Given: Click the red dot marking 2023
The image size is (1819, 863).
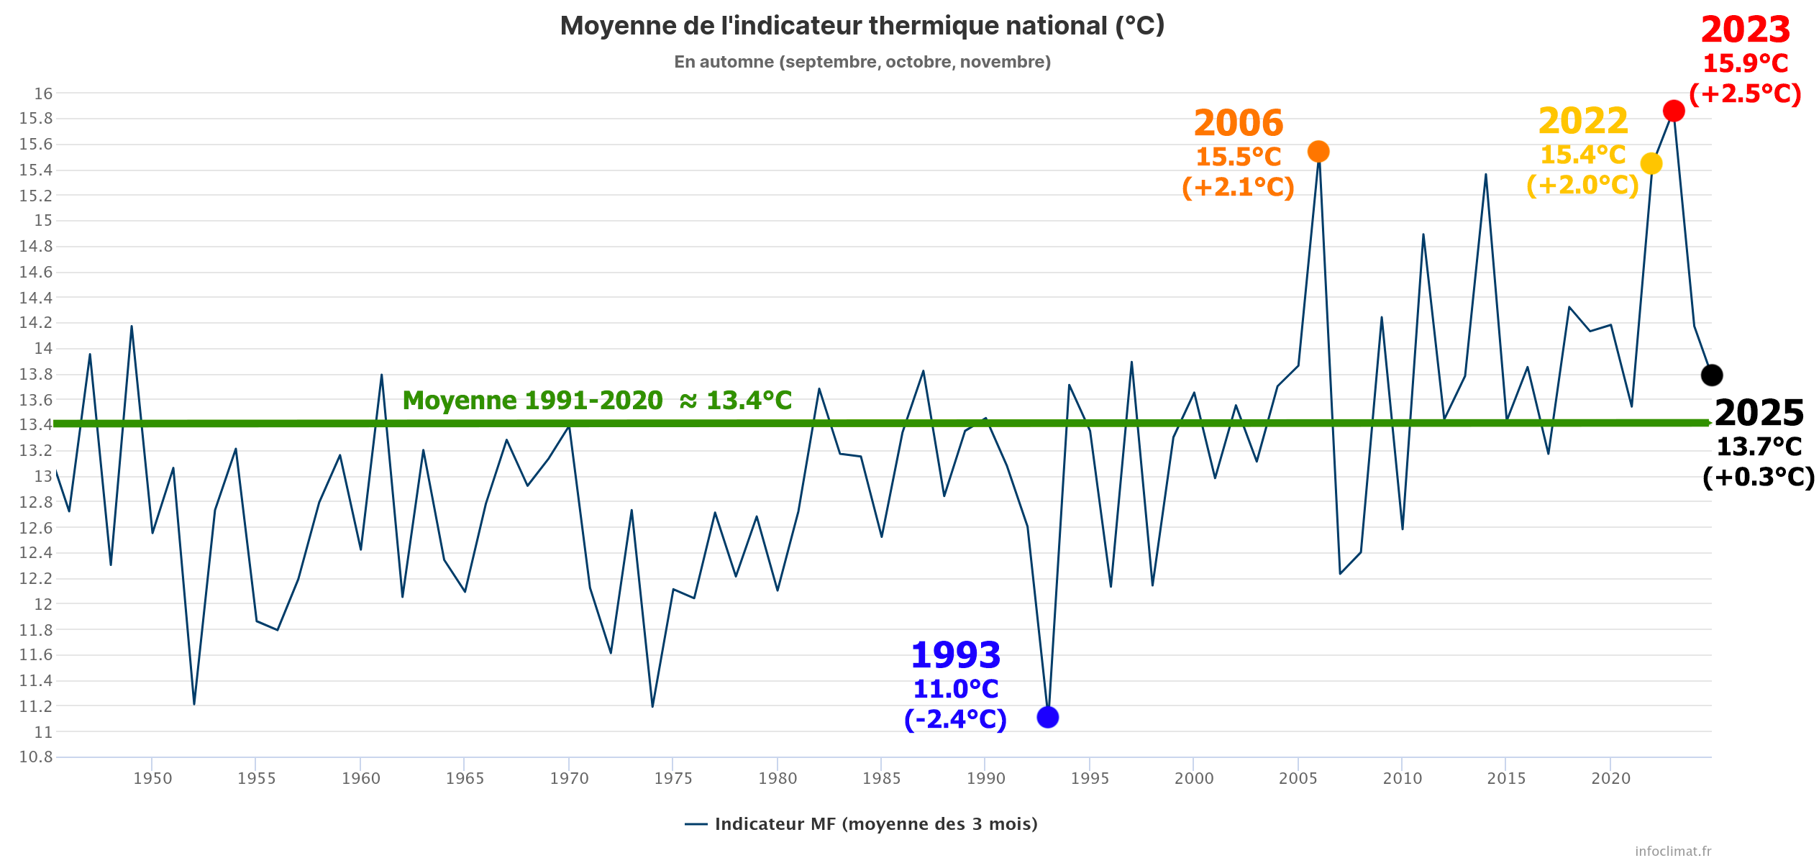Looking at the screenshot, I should coord(1673,111).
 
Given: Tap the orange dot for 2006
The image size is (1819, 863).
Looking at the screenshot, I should coord(1318,152).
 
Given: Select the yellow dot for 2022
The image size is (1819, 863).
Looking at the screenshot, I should coord(1651,164).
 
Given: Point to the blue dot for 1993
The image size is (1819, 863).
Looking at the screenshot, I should coord(1047,717).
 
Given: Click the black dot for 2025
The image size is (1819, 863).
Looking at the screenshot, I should coord(1711,375).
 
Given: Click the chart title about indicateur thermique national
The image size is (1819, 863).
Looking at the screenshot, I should coord(862,26).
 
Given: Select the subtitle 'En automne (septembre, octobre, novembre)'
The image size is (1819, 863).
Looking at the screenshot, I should coord(862,62).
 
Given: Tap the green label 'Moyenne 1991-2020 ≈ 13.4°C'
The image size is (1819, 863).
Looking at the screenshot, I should coord(597,401).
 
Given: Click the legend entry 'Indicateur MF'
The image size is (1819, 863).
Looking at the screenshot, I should coord(862,824).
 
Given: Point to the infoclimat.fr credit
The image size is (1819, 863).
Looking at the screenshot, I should coord(1672,851).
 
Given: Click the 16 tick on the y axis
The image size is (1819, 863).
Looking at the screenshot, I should coord(43,93).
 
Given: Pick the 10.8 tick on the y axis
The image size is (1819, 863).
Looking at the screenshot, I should coord(36,757).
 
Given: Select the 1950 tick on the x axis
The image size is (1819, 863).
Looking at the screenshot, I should coord(152,778).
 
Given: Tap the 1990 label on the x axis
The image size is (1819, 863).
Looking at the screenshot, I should coord(985,778).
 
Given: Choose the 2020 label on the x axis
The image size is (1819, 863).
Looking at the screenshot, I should coord(1610,778).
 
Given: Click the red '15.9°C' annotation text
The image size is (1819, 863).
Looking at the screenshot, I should coord(1745,64).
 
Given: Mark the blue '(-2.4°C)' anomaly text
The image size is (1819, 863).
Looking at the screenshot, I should coord(955,719).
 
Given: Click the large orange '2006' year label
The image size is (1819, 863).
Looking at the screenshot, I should coord(1238,124).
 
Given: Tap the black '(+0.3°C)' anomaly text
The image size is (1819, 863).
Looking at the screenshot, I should coord(1759,478).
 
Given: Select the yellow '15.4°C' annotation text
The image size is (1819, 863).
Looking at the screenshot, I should coord(1582,155).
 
